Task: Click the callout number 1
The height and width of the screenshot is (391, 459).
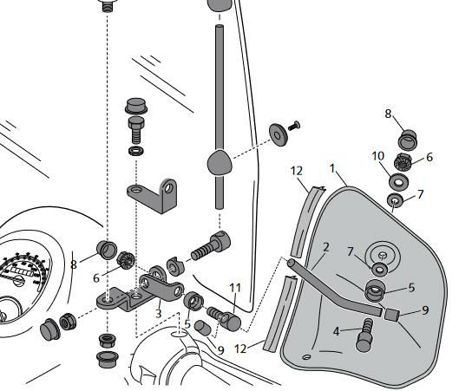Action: (331, 168)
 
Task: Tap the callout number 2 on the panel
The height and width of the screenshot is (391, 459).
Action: (326, 247)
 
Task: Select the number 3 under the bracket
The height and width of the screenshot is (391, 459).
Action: (159, 314)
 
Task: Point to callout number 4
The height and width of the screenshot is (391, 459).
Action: (337, 332)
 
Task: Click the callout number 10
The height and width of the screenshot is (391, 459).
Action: (378, 156)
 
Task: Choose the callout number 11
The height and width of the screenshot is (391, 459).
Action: (235, 288)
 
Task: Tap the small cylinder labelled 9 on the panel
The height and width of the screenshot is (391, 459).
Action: (392, 315)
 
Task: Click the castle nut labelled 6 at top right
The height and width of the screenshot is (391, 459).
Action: (403, 162)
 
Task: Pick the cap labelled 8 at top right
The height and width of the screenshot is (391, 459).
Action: (408, 140)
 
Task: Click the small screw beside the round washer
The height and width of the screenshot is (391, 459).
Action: (294, 126)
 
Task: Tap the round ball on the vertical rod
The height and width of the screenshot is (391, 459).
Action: (220, 163)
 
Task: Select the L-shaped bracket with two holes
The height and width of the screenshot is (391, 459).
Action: (153, 195)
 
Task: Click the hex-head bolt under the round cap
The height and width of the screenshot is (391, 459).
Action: (136, 130)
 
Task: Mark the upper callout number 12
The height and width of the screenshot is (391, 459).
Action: (297, 171)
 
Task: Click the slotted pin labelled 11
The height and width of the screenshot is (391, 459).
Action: (224, 318)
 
